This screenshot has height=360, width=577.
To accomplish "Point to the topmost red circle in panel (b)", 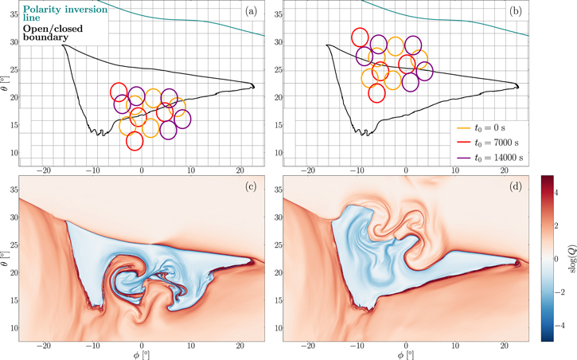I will point(361,37).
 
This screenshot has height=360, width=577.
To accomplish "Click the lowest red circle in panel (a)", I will point(135,141).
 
